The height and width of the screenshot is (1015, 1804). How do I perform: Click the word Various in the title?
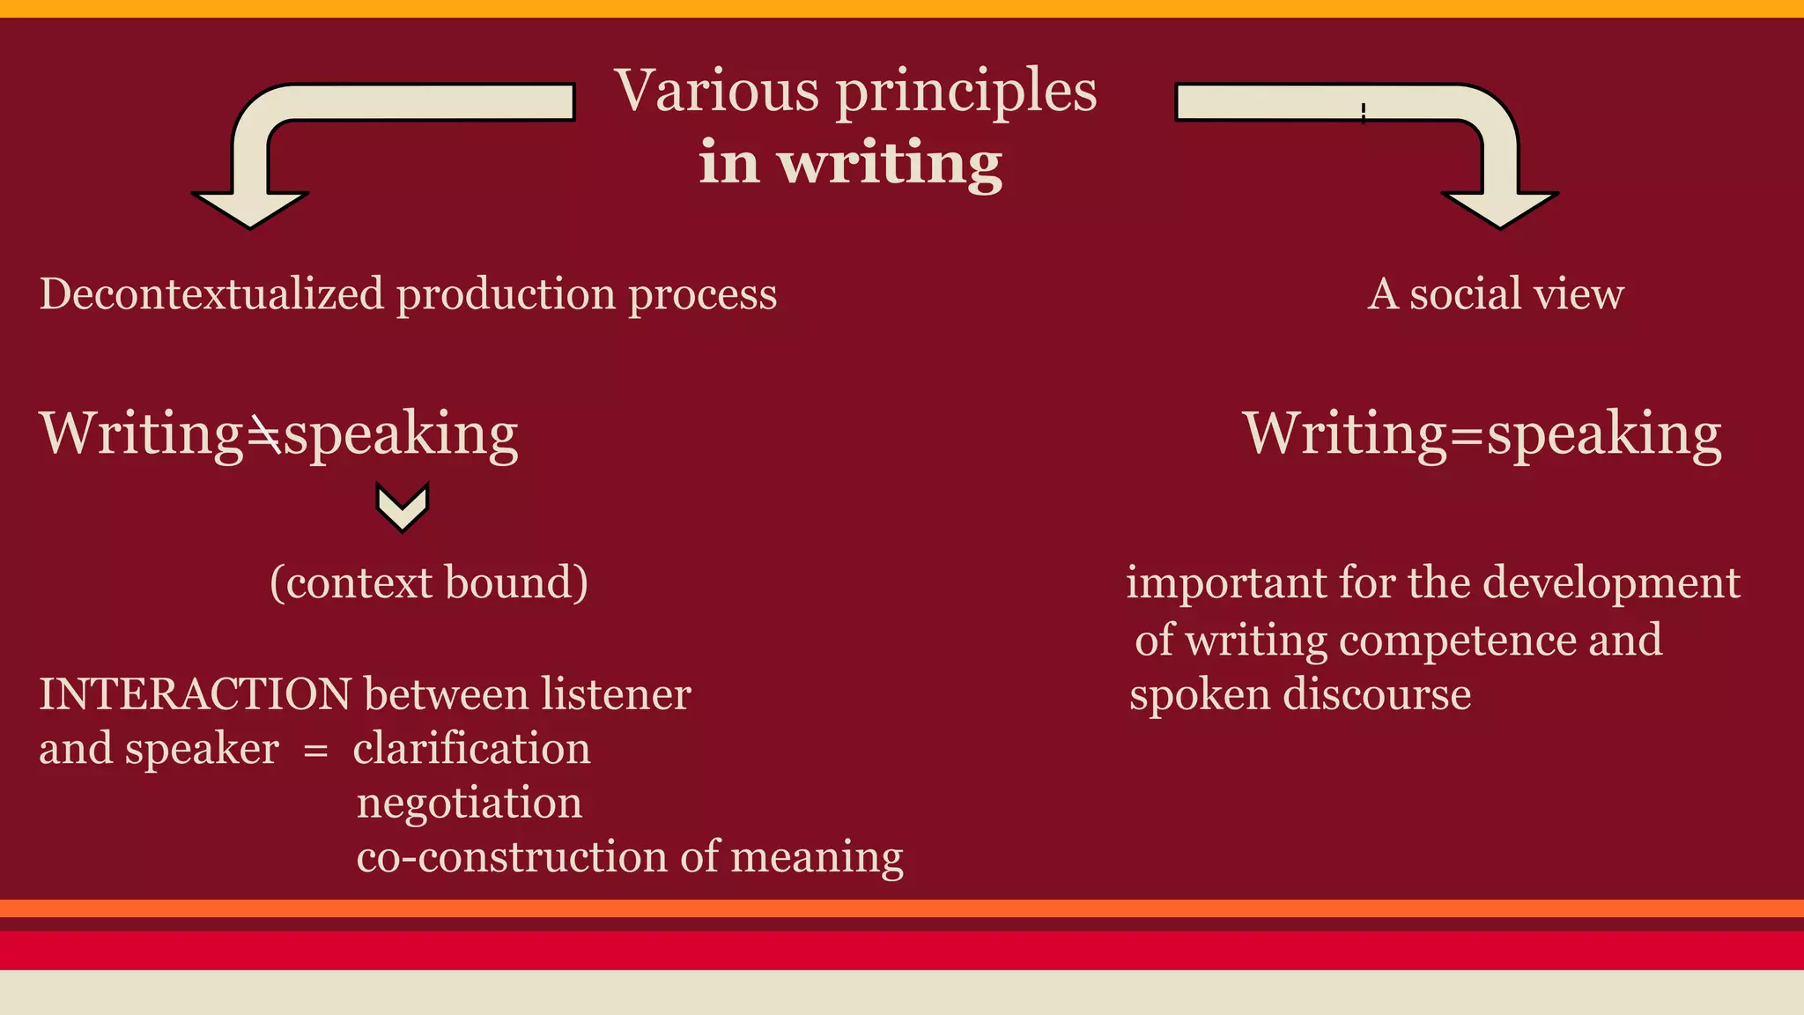(x=717, y=90)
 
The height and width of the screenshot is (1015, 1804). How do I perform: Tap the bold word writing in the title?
(x=890, y=163)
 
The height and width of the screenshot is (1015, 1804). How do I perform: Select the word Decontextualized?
(x=211, y=293)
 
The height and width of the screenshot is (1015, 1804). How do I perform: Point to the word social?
(x=1460, y=293)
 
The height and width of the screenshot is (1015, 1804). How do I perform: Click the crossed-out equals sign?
(x=263, y=433)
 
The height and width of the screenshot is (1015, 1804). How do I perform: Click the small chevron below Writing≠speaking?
(x=403, y=507)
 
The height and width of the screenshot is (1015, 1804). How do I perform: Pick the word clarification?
(x=471, y=749)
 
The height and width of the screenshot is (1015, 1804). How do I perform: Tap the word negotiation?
(x=469, y=803)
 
